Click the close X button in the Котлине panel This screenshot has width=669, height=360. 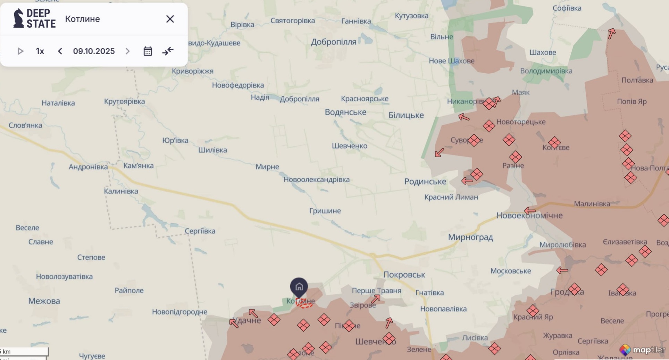(x=170, y=19)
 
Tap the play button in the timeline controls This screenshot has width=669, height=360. (x=20, y=51)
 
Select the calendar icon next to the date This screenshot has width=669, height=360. (x=148, y=51)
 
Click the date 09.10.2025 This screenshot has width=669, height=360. (x=94, y=51)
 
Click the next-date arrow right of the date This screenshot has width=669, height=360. (x=127, y=51)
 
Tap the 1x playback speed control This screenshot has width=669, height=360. (x=40, y=51)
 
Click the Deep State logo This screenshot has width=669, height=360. (x=34, y=19)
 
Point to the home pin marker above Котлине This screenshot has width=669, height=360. (x=299, y=287)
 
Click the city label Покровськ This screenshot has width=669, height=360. (x=404, y=275)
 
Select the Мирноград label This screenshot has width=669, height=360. (x=470, y=237)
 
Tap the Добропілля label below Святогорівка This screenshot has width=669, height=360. (x=333, y=42)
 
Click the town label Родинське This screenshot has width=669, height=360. (x=425, y=182)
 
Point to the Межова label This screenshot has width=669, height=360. (x=44, y=301)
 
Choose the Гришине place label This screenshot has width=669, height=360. (x=325, y=211)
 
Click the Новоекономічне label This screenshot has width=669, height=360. (x=529, y=216)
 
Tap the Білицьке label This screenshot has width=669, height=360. (x=406, y=115)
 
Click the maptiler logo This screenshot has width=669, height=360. (x=643, y=350)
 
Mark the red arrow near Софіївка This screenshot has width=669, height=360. (x=611, y=34)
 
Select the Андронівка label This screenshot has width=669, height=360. (x=88, y=167)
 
